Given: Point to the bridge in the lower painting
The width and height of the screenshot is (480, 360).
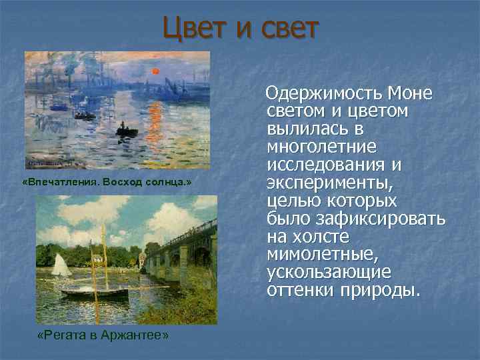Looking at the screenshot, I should [x=180, y=253].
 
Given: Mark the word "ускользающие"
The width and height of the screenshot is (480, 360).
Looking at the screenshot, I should [x=328, y=273].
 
